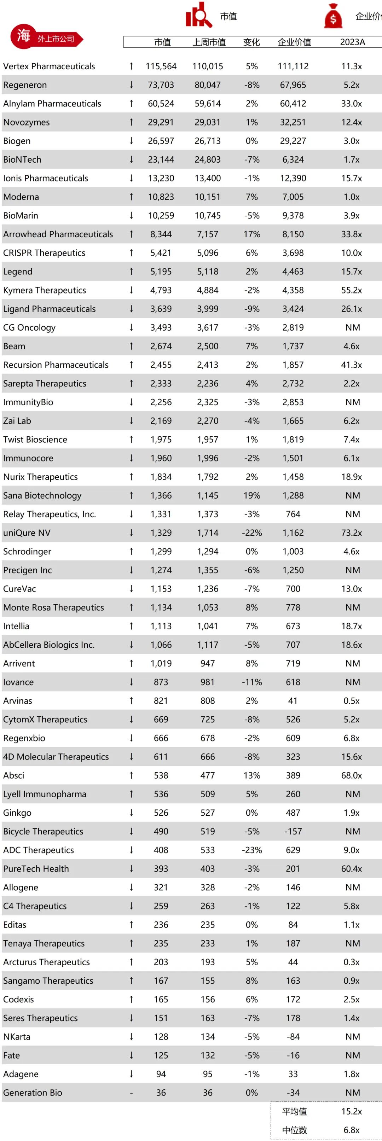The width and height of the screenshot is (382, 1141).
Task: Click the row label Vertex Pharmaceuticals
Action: click(49, 66)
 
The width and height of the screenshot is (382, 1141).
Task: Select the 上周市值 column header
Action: click(209, 42)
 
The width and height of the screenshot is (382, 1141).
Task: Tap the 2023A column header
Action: click(352, 42)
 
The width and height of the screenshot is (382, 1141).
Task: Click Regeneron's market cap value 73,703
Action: click(161, 85)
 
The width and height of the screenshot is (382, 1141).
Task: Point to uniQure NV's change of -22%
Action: click(252, 533)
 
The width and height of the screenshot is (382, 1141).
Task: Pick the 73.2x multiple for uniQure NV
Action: click(352, 533)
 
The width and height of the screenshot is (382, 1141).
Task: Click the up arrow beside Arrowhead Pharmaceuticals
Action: click(131, 234)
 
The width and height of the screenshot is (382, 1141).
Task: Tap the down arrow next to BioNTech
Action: click(131, 159)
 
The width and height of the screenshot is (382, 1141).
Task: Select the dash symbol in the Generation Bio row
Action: click(131, 1093)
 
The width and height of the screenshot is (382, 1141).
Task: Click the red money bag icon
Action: click(333, 16)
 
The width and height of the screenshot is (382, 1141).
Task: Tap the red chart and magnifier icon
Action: click(198, 15)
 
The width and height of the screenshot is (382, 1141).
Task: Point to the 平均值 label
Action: click(294, 1111)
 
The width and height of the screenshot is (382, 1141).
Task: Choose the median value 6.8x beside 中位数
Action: click(352, 1130)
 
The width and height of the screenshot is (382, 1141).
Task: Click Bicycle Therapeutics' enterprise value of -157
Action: click(293, 831)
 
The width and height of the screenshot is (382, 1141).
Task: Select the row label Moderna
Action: click(21, 197)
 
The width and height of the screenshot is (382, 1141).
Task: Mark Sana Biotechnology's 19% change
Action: click(252, 496)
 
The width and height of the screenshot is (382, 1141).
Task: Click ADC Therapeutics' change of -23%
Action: click(252, 850)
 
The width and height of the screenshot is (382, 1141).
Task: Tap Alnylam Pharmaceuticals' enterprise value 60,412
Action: click(293, 104)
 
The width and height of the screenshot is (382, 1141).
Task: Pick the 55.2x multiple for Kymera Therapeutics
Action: click(352, 291)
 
